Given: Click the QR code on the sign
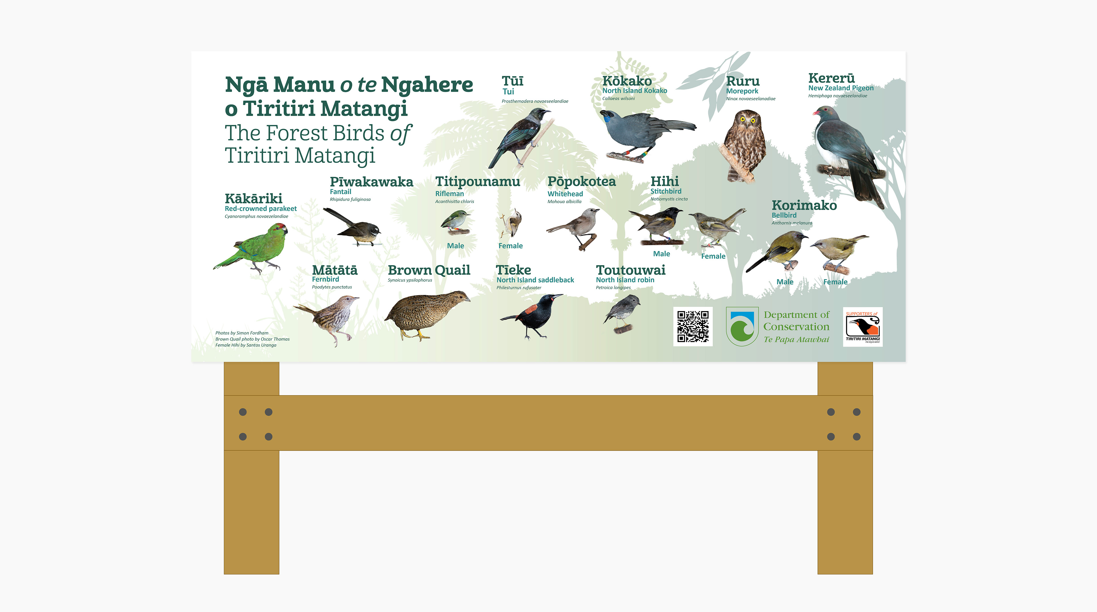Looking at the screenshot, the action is [693, 326].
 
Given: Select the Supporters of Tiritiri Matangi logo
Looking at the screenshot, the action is [863, 327].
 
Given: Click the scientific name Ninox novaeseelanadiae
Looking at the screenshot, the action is [751, 99].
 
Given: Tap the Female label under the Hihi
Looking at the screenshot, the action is [713, 256].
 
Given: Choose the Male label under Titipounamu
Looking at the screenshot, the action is [455, 246].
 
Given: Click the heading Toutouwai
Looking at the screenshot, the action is [631, 270].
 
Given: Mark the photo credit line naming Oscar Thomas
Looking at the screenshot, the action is [253, 339].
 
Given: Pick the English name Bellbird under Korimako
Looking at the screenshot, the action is [784, 215].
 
